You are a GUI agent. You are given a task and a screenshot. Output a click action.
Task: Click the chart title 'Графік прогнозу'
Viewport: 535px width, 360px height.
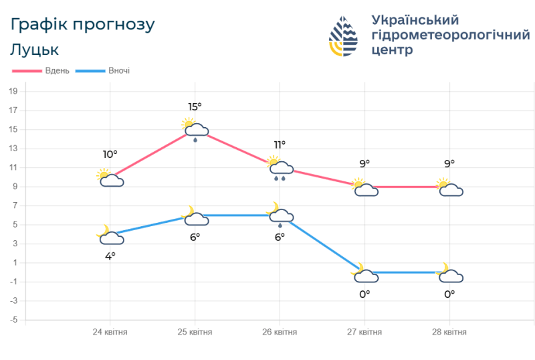pos(83,25)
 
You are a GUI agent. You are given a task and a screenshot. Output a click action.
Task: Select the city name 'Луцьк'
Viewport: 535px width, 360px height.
pos(35,50)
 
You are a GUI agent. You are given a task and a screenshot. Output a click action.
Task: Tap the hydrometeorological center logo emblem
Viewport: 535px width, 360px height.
pos(343,36)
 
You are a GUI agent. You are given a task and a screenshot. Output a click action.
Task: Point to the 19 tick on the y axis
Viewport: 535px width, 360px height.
pos(13,91)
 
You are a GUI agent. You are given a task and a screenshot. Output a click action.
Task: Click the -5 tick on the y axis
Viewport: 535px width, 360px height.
pos(13,320)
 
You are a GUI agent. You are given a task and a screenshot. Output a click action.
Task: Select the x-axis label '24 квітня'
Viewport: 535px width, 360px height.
pos(110,332)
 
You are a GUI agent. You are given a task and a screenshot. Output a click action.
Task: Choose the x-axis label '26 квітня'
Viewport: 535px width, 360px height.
pos(280,332)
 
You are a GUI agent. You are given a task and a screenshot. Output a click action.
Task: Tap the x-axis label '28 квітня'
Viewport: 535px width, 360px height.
pos(449,332)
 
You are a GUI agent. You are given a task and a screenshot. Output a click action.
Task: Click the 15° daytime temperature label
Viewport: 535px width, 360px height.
pos(195,106)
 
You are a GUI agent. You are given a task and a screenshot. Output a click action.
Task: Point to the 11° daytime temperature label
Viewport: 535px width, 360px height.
pos(280,145)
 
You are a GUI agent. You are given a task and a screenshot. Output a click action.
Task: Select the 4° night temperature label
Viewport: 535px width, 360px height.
pos(110,255)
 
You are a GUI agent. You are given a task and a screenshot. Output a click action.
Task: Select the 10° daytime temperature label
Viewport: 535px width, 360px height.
pos(110,155)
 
